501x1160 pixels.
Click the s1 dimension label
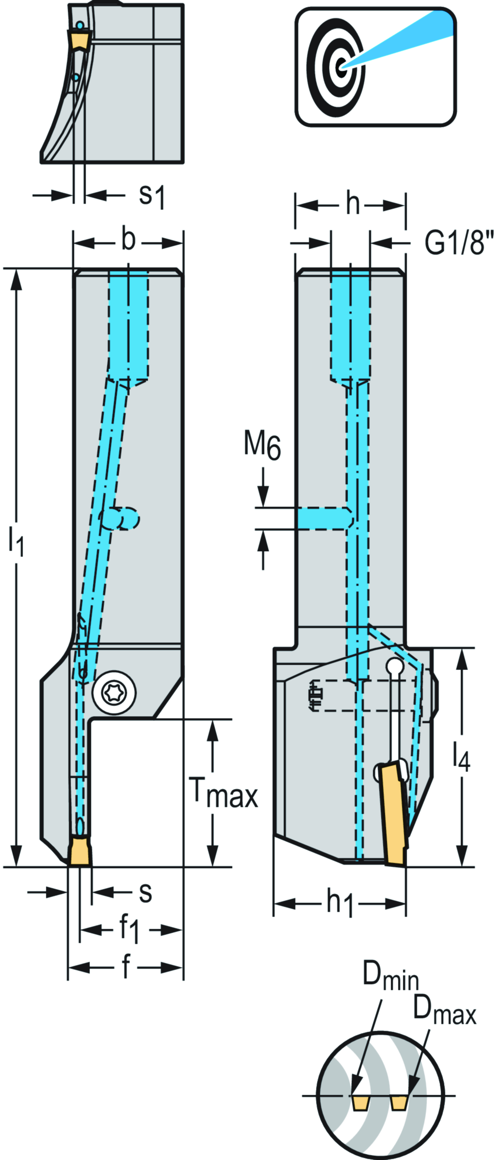152,196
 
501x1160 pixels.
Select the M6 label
263,446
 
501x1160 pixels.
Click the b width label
128,240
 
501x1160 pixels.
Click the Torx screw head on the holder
114,692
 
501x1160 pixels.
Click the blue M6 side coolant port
323,518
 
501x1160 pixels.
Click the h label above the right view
353,204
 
